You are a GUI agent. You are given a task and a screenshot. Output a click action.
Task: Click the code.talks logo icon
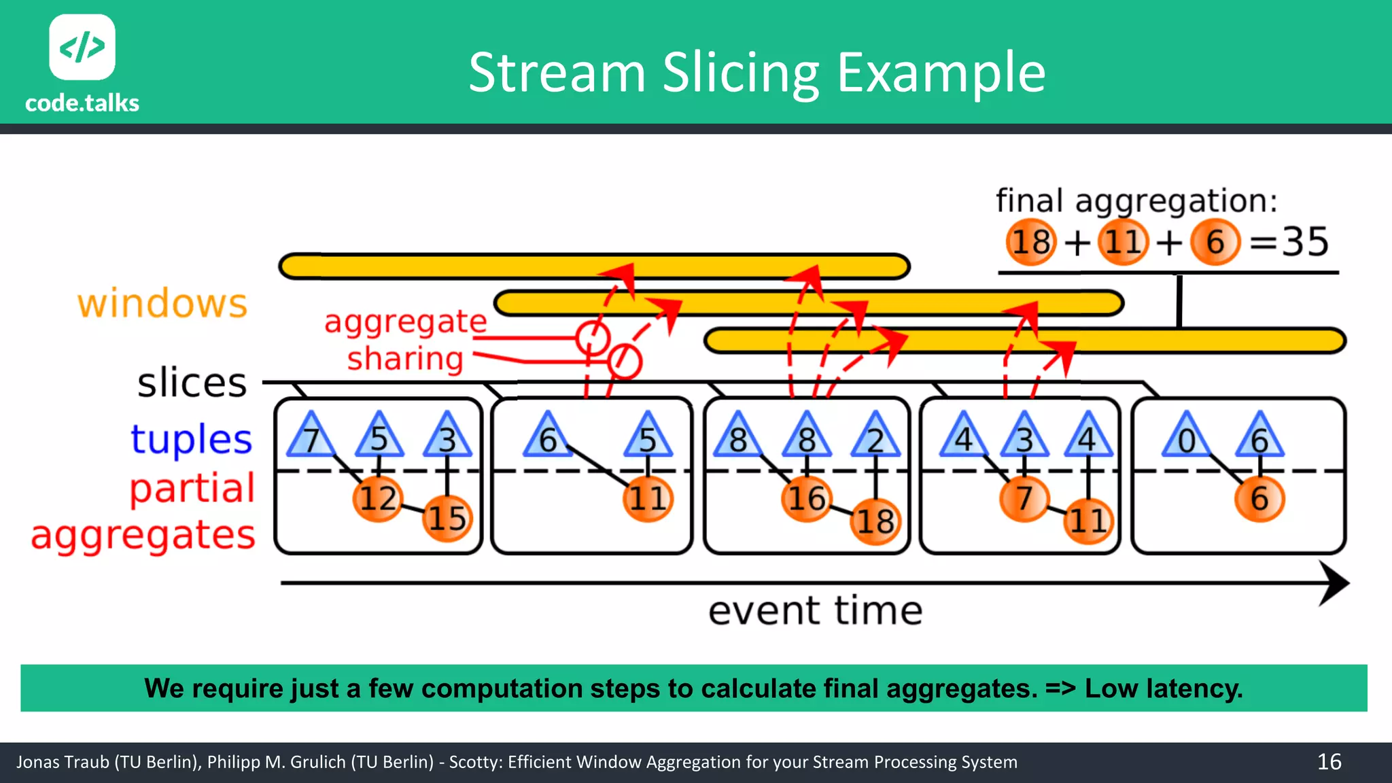click(82, 47)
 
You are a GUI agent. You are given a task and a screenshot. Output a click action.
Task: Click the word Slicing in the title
click(741, 73)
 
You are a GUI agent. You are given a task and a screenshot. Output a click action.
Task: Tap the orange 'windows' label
click(162, 303)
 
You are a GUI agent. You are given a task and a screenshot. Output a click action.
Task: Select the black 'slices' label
click(192, 383)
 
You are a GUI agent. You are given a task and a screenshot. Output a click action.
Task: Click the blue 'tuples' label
click(191, 439)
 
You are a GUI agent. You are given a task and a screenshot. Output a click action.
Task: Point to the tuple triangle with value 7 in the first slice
click(311, 437)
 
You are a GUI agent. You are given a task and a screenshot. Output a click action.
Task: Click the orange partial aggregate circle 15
click(447, 519)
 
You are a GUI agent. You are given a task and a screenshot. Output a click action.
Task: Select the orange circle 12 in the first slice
click(377, 499)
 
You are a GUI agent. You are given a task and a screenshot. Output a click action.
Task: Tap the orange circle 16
click(806, 499)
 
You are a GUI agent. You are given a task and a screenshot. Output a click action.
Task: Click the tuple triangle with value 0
click(1186, 437)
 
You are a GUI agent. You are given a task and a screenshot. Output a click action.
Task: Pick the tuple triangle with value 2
click(875, 437)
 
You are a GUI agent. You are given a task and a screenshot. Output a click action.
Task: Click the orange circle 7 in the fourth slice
click(1024, 499)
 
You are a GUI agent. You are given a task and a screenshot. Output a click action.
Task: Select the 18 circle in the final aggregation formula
click(1030, 242)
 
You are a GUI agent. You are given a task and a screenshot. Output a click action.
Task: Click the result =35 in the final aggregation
click(1289, 242)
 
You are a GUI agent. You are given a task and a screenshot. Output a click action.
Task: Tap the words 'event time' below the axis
click(815, 610)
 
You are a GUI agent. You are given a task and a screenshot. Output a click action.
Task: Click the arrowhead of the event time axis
click(1334, 583)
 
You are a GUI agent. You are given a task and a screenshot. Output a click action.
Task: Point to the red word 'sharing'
click(405, 358)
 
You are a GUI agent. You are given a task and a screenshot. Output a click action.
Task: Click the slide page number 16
click(1329, 762)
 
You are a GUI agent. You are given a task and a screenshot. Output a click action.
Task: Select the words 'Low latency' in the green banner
click(1163, 689)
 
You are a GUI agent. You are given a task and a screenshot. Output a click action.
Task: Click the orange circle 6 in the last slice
click(1259, 499)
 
